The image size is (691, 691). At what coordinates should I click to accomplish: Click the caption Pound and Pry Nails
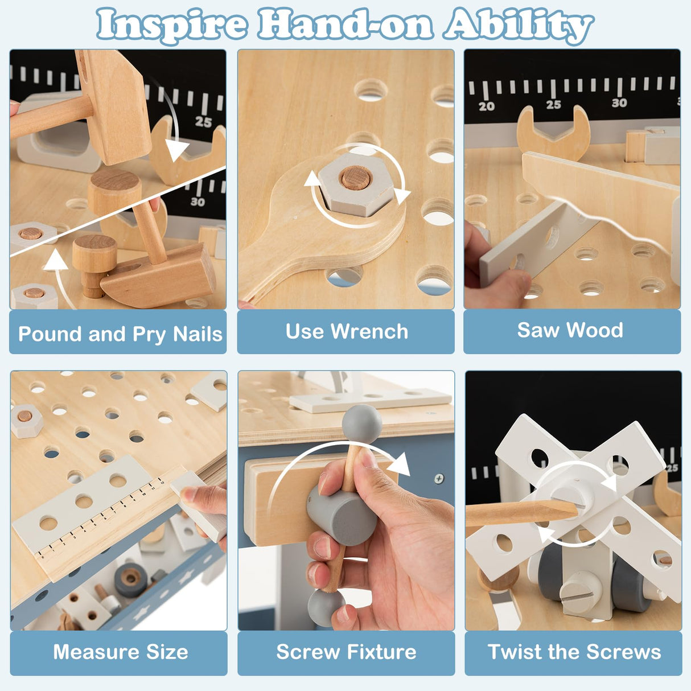point(120,334)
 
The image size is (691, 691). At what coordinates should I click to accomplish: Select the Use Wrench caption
point(347,331)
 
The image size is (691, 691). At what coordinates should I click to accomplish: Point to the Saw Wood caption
point(570,330)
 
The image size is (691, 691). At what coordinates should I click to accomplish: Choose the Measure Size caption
point(121,652)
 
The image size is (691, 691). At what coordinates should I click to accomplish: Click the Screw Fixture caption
point(347,652)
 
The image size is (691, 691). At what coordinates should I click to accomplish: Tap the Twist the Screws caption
point(574,652)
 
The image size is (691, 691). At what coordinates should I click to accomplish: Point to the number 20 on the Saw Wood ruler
point(487,106)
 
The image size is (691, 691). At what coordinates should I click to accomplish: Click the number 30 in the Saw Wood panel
point(619,103)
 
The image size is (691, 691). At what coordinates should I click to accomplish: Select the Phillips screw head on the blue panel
point(438,478)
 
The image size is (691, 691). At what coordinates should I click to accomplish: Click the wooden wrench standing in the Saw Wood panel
point(553,133)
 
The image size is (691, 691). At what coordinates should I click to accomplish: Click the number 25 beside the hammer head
point(203,122)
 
